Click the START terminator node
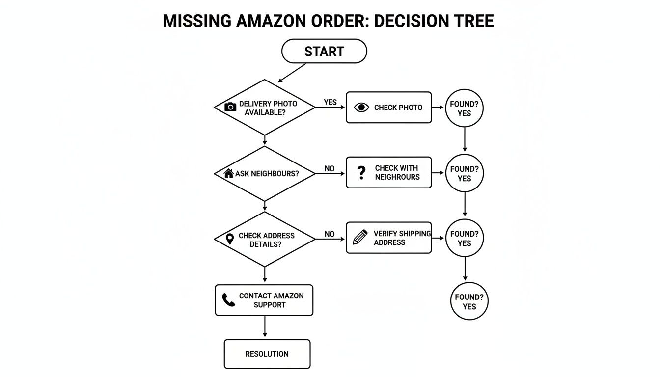pos(324,52)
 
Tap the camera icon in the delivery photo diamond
pos(230,107)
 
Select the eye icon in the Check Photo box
pos(361,108)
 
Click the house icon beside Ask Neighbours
pos(228,173)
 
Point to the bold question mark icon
pos(361,172)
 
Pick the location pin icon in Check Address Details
pos(229,239)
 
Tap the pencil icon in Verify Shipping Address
pos(360,238)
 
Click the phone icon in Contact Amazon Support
pos(228,300)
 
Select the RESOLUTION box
pos(267,354)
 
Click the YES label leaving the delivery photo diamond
pos(330,102)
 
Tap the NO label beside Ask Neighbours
pos(330,168)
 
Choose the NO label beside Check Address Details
pos(330,234)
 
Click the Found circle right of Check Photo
pos(464,108)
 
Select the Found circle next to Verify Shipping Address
pos(464,239)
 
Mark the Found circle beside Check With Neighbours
pos(464,174)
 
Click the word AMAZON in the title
pos(276,21)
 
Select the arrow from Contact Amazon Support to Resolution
pos(265,327)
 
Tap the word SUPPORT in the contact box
pos(270,305)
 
